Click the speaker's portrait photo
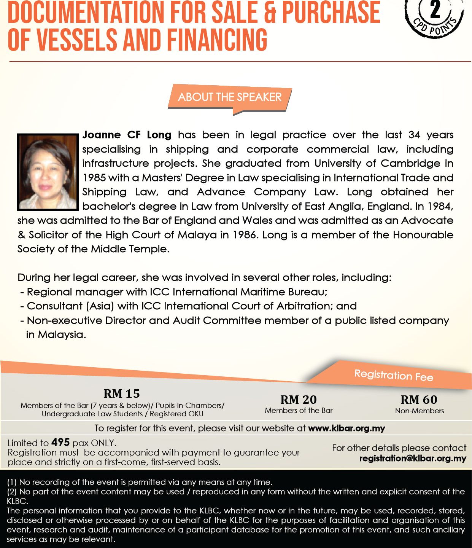click(x=48, y=172)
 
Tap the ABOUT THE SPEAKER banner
click(x=230, y=97)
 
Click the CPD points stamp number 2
click(x=435, y=10)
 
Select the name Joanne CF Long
click(x=127, y=135)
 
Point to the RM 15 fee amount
click(x=122, y=393)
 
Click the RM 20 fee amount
click(x=299, y=400)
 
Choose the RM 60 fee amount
click(x=419, y=400)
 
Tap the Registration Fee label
click(x=394, y=376)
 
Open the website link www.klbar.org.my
click(x=346, y=429)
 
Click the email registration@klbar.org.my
click(x=413, y=458)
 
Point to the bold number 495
click(x=60, y=442)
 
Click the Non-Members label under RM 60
click(x=419, y=411)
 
